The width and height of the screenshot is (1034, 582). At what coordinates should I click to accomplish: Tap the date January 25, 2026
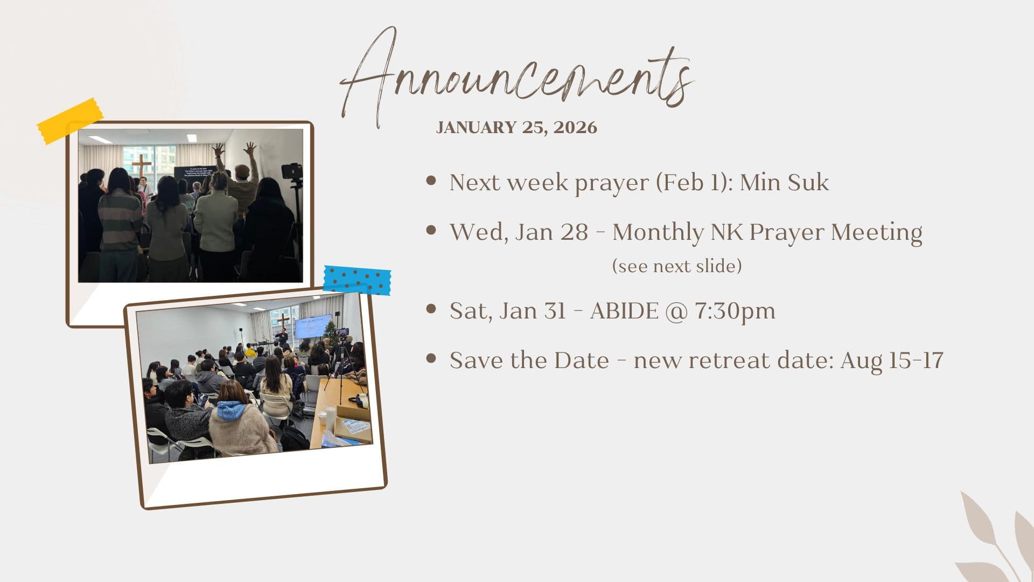pos(516,127)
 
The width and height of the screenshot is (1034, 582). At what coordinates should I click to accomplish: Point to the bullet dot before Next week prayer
pos(431,181)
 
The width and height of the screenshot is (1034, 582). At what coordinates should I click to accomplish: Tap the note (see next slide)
pos(677,266)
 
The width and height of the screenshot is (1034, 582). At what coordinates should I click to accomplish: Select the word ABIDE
pos(624,311)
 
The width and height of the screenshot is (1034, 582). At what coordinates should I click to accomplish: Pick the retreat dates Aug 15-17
pos(891,360)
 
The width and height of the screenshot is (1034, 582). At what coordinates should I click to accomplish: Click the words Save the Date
pos(529,360)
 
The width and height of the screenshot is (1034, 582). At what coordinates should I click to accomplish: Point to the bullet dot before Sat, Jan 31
pos(431,309)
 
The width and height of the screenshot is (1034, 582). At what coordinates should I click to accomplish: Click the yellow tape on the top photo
pos(70,121)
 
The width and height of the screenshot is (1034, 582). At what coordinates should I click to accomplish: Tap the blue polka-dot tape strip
pos(357,280)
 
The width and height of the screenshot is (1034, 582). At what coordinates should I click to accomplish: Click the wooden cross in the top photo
pos(141,168)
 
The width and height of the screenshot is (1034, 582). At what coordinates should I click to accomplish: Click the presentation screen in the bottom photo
pos(313,326)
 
